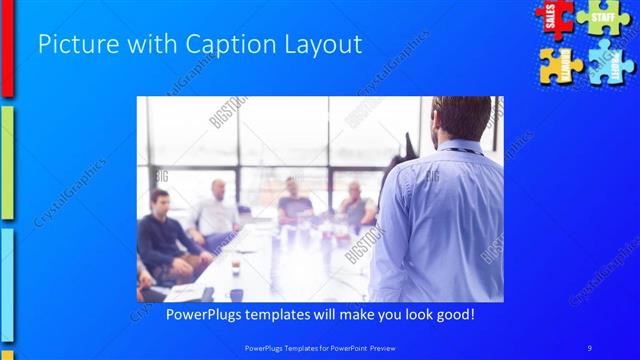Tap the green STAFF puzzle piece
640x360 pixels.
point(603,17)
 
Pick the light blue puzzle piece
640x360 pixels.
point(607,65)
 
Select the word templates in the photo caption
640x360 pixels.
point(289,315)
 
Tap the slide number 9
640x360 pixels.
point(589,348)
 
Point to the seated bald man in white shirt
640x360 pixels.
point(217,210)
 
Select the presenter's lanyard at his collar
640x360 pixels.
point(459,150)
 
